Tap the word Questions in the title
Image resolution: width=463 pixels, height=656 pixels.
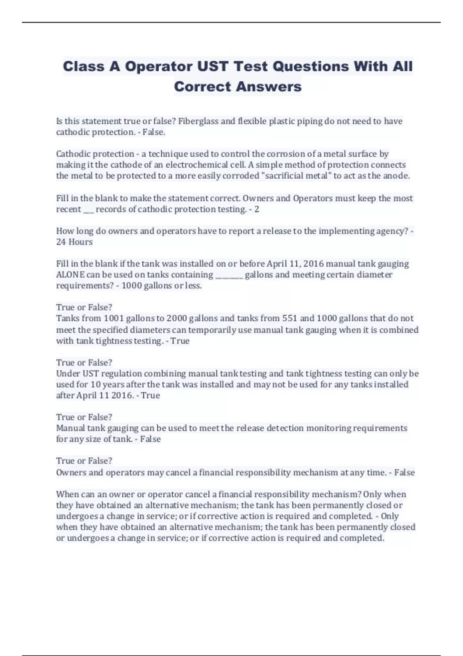tap(311, 66)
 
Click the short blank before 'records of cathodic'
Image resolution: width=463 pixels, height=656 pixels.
tap(88, 210)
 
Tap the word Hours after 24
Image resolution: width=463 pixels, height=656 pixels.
tap(80, 242)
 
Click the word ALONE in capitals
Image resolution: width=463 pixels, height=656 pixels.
tap(70, 275)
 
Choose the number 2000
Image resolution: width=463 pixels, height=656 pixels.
tap(177, 318)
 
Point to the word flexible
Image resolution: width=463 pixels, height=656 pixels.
tap(252, 121)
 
